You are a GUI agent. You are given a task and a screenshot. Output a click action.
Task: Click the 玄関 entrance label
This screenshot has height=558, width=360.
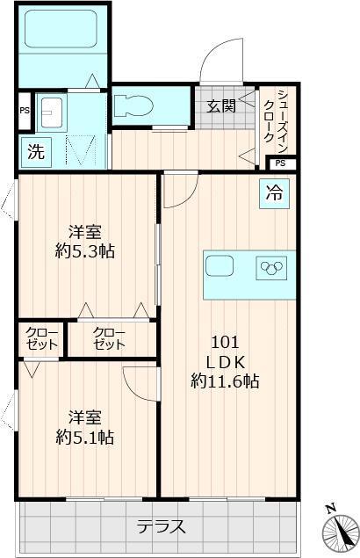click(221, 106)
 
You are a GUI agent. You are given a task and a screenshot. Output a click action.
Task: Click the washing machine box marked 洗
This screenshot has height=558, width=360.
click(35, 150)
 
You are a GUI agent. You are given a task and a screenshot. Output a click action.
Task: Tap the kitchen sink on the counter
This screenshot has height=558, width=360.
click(220, 266)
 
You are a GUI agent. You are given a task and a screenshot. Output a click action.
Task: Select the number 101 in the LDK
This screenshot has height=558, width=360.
click(225, 343)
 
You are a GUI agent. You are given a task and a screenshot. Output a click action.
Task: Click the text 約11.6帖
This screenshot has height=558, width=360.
click(225, 380)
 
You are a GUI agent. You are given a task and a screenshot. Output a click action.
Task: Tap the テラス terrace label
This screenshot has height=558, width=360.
click(161, 527)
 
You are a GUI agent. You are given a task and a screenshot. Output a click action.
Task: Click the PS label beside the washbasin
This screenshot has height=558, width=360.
click(25, 110)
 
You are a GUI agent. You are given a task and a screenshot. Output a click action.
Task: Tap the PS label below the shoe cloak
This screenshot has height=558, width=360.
click(280, 163)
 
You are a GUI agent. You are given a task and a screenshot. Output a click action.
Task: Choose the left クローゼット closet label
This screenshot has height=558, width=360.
click(41, 339)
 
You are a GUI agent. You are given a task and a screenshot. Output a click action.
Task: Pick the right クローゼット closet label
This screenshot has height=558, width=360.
click(109, 339)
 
